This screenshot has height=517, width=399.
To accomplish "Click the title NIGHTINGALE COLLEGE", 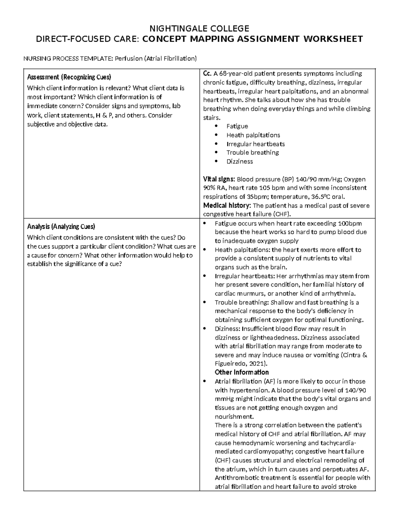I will tap(199, 28).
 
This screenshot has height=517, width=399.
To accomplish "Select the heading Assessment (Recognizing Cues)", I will tap(69, 77).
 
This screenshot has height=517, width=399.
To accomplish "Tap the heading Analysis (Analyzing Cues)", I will tap(61, 227).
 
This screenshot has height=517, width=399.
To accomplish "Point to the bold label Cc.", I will tap(207, 74).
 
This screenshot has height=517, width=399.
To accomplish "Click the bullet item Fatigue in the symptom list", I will tap(237, 126).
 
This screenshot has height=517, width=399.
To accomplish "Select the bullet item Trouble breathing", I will tap(252, 152).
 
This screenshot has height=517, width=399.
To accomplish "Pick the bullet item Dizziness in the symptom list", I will tap(239, 161).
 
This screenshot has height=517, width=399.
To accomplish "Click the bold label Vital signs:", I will tap(219, 179).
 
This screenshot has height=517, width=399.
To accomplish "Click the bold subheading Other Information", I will tap(242, 372).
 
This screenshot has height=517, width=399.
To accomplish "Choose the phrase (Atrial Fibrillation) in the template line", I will tap(170, 59).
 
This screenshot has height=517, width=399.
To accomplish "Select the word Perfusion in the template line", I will tap(129, 59).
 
